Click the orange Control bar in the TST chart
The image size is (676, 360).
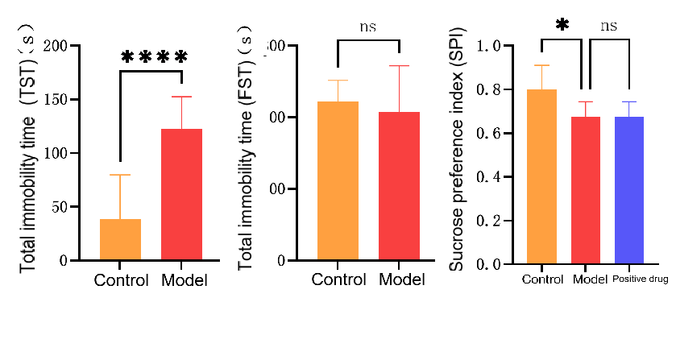pyautogui.click(x=120, y=239)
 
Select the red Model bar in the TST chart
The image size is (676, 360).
pyautogui.click(x=181, y=194)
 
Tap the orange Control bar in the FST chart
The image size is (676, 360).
pyautogui.click(x=338, y=180)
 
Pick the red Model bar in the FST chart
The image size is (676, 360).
pyautogui.click(x=400, y=186)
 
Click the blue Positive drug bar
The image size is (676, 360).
pyautogui.click(x=629, y=190)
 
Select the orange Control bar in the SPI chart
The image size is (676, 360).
pyautogui.click(x=542, y=176)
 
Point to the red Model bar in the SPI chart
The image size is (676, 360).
pyautogui.click(x=586, y=190)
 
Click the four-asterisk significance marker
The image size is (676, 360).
pyautogui.click(x=155, y=57)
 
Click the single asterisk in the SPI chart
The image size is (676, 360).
pyautogui.click(x=562, y=25)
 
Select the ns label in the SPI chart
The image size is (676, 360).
pyautogui.click(x=609, y=26)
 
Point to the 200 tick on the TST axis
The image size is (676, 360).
pyautogui.click(x=56, y=46)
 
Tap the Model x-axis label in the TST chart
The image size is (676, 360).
pyautogui.click(x=185, y=281)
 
